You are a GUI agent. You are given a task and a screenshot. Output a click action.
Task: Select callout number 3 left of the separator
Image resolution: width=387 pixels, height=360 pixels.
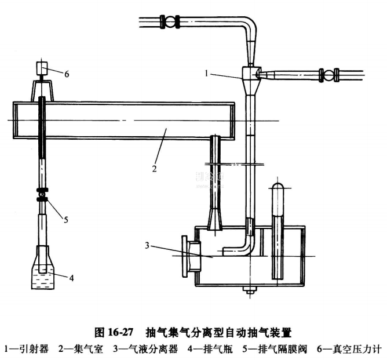pyautogui.click(x=149, y=246)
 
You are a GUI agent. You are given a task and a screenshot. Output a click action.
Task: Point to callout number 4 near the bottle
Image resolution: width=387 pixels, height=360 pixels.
pyautogui.click(x=71, y=277)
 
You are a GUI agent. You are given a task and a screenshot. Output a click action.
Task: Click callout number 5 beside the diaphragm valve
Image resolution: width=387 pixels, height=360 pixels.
pyautogui.click(x=65, y=219)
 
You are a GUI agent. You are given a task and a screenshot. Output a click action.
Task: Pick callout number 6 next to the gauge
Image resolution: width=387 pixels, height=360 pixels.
pyautogui.click(x=67, y=74)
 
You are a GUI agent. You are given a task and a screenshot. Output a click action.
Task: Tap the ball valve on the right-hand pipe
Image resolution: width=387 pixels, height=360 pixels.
pyautogui.click(x=329, y=75)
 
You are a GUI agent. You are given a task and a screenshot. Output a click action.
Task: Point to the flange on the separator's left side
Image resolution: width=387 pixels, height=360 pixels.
pyautogui.click(x=189, y=254)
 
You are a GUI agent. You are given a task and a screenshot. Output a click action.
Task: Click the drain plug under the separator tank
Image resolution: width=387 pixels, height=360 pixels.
pyautogui.click(x=251, y=290)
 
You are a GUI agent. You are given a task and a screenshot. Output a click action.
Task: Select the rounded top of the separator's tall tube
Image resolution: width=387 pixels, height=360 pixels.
pyautogui.click(x=278, y=188)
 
